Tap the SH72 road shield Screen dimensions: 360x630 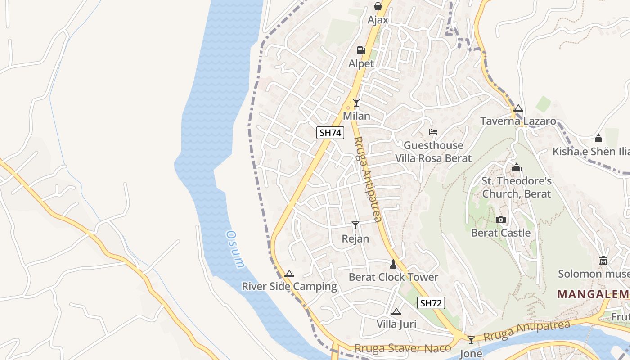(431, 303)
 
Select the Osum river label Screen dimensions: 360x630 (235, 250)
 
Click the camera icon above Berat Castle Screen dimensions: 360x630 (500, 220)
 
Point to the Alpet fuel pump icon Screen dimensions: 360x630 (361, 50)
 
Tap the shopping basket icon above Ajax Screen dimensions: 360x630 (378, 6)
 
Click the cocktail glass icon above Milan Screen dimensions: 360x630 (356, 103)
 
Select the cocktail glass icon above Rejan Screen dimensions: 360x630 (355, 225)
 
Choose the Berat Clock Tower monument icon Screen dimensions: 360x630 (393, 264)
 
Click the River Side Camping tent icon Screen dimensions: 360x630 (289, 274)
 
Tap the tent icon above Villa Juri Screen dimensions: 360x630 (396, 311)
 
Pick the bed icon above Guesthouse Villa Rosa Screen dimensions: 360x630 (433, 132)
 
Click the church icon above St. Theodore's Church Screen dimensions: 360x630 (516, 168)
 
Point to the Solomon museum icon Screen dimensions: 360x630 (603, 261)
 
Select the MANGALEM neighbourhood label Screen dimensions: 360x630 (593, 294)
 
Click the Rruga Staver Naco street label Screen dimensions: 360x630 (403, 348)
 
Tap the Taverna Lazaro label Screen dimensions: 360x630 (518, 121)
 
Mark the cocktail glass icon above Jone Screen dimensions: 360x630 (471, 340)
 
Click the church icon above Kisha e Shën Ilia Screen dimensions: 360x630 (598, 138)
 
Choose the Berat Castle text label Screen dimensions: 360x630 (500, 233)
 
